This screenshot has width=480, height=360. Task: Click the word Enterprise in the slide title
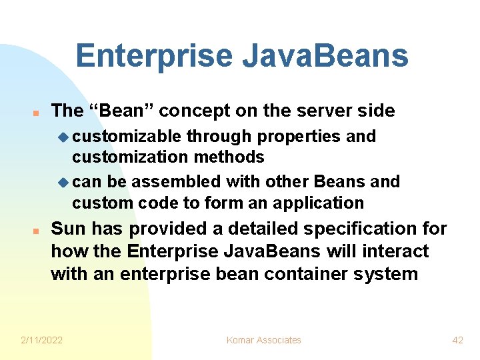pos(154,55)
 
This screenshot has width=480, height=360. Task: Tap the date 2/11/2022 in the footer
pos(42,340)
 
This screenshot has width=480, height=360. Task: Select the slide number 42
pos(457,340)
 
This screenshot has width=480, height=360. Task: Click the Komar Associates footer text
pos(263,340)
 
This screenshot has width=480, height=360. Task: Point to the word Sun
pos(69,229)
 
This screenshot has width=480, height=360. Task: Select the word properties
pos(299,137)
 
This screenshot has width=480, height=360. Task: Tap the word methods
pos(232,157)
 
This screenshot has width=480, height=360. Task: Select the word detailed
pos(258,229)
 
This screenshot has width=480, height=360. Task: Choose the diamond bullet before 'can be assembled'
pos(63,182)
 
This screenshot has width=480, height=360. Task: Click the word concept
pos(192,111)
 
